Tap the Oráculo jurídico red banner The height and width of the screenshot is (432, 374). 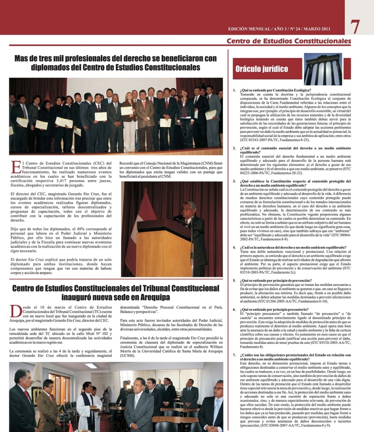coord(263,69)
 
